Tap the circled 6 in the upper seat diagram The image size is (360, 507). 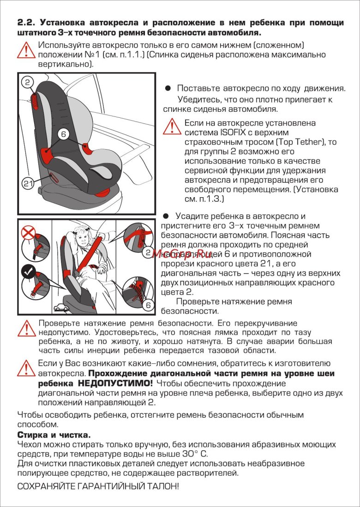(x=64, y=133)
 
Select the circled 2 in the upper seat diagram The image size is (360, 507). (x=28, y=83)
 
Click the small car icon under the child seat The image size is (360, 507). (x=59, y=306)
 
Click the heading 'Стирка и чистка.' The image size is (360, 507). (x=54, y=435)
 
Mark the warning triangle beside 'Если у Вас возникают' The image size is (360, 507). (x=26, y=368)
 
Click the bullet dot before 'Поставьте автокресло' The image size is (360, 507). (x=168, y=88)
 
